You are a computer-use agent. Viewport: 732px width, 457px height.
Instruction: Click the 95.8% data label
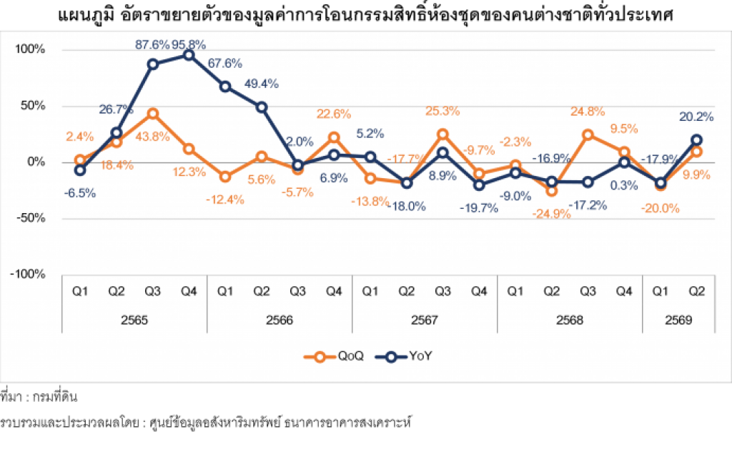[x=189, y=45]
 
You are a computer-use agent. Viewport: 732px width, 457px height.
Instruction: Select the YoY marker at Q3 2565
[x=153, y=64]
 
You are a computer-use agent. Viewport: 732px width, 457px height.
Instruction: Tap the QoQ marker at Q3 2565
[x=153, y=114]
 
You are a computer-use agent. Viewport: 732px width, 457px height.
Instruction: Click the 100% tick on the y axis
[x=30, y=49]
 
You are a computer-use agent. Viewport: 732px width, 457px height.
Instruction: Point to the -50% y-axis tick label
[x=31, y=218]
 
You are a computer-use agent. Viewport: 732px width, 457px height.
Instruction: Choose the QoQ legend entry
[x=333, y=357]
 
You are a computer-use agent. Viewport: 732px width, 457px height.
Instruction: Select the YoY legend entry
[x=403, y=357]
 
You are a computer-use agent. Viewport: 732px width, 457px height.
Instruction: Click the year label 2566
[x=280, y=320]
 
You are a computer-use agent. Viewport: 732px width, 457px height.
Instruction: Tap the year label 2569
[x=678, y=320]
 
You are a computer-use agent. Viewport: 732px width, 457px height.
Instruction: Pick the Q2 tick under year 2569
[x=696, y=292]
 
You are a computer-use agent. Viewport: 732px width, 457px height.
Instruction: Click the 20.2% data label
[x=696, y=117]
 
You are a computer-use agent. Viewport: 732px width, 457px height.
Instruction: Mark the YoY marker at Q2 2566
[x=262, y=107]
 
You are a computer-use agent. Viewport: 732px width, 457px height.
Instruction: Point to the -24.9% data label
[x=551, y=214]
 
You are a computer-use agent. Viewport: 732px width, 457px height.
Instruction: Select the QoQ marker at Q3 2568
[x=588, y=135]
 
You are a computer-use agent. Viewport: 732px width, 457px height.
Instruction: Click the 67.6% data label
[x=225, y=64]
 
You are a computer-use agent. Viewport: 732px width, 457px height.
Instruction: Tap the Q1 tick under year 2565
[x=80, y=292]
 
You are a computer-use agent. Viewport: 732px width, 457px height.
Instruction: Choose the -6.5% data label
[x=80, y=193]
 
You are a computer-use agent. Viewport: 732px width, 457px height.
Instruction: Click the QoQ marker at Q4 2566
[x=334, y=137]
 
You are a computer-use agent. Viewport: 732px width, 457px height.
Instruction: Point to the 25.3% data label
[x=442, y=112]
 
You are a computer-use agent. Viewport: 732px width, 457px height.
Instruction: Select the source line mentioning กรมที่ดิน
[x=39, y=397]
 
